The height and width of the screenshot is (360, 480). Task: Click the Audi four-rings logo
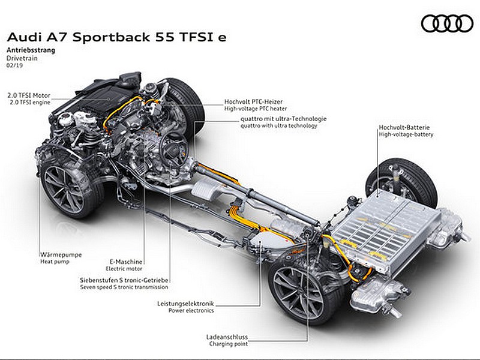pyautogui.click(x=447, y=23)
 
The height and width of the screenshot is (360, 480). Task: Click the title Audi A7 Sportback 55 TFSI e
pyautogui.click(x=117, y=37)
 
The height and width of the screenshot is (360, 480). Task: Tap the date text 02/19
pyautogui.click(x=14, y=65)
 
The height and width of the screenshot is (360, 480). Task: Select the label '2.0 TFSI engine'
pyautogui.click(x=30, y=103)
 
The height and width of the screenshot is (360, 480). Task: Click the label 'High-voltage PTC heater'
pyautogui.click(x=256, y=109)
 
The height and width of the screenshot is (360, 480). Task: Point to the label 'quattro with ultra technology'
pyautogui.click(x=278, y=125)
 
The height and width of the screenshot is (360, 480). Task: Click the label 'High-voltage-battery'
pyautogui.click(x=406, y=134)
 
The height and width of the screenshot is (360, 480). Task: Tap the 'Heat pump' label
pyautogui.click(x=55, y=262)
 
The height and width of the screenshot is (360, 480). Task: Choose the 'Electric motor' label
pyautogui.click(x=124, y=269)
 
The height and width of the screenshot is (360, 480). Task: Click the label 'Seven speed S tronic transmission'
pyautogui.click(x=124, y=287)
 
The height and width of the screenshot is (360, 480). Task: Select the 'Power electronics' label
pyautogui.click(x=191, y=310)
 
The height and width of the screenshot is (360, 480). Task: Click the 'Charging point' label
pyautogui.click(x=229, y=344)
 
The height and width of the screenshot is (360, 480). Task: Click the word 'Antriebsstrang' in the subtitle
pyautogui.click(x=31, y=50)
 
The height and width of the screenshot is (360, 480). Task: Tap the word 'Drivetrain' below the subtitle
pyautogui.click(x=22, y=58)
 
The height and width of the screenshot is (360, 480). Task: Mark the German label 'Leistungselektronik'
pyautogui.click(x=185, y=304)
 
